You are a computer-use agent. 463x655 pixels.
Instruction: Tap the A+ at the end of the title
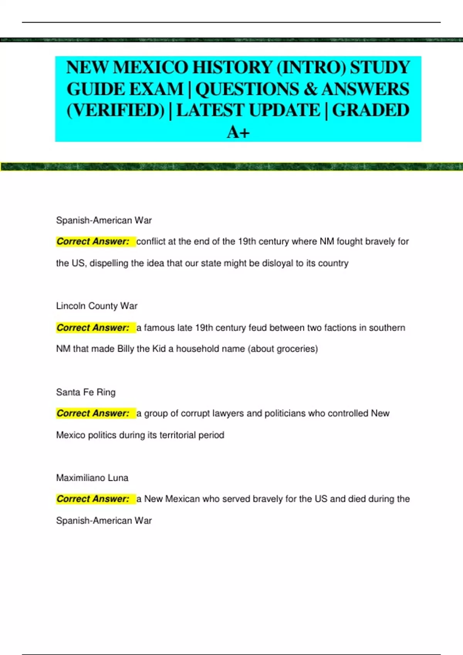point(238,133)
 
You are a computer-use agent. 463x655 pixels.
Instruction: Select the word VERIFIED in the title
point(116,111)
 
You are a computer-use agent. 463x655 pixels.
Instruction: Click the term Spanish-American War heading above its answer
point(104,220)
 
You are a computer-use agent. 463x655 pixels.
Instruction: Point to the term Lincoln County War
point(96,306)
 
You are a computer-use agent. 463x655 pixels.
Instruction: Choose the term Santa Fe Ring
point(86,392)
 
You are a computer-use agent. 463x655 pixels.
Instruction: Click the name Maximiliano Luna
point(92,478)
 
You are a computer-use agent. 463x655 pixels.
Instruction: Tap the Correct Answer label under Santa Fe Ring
point(93,413)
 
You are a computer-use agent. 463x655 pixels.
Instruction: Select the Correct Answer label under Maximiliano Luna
point(93,499)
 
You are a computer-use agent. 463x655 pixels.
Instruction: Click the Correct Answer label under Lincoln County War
point(93,328)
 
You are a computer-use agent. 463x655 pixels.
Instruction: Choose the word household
point(199,349)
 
